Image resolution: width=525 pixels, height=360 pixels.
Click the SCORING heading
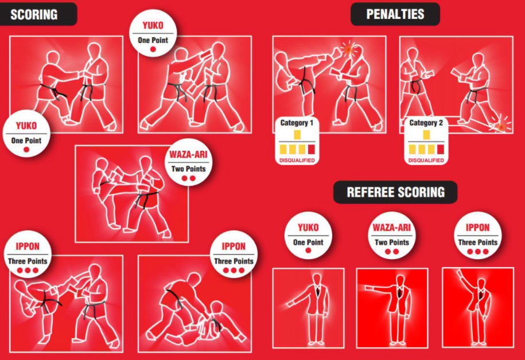pos(34,15)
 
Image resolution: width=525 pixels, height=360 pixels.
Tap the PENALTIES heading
pos(395,14)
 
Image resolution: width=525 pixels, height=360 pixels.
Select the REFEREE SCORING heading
pos(395,192)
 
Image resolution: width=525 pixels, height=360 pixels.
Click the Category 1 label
pos(297,123)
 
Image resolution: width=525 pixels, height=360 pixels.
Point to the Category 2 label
pos(426,123)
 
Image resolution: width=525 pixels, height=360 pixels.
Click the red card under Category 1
pos(312,149)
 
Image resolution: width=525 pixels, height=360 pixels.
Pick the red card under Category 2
pos(440,149)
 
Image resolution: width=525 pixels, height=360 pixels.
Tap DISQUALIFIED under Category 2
pos(426,161)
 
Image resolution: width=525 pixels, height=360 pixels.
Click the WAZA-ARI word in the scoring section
pos(188,155)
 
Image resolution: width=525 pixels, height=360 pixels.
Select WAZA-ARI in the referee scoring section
pos(391,228)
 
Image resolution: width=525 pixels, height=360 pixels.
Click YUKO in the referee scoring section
pos(308,228)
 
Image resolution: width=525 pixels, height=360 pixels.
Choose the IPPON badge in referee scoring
pos(478,236)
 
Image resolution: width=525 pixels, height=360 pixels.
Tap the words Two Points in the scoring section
pos(188,169)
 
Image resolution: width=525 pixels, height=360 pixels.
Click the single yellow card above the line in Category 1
pos(297,135)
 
